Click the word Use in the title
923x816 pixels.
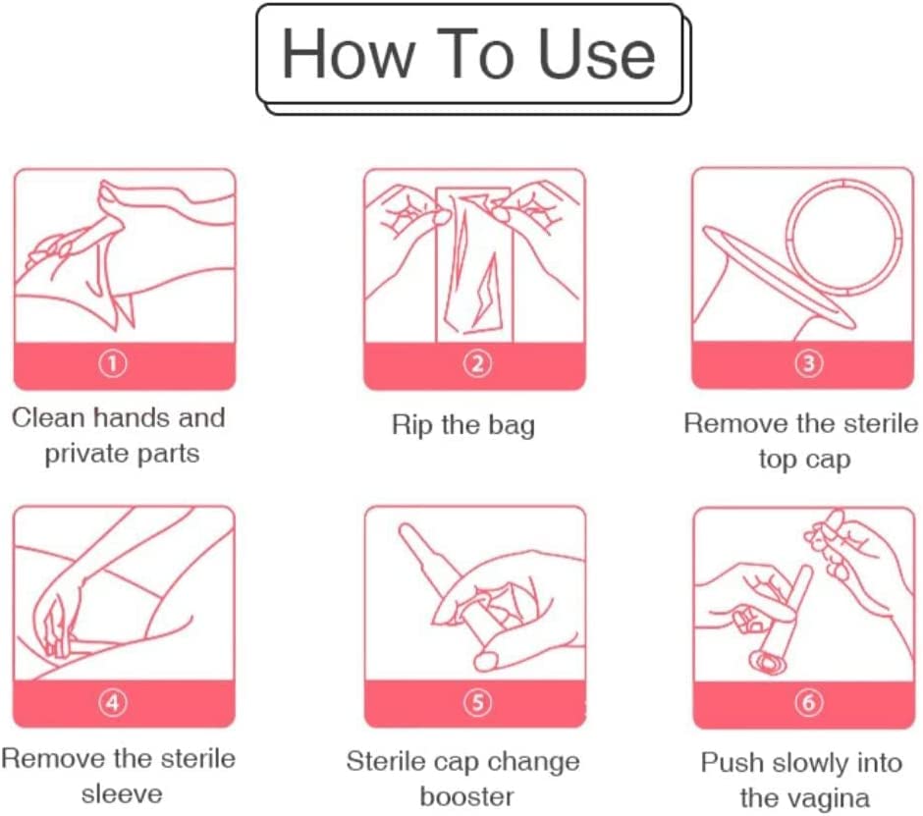(596, 54)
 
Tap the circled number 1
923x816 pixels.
(113, 364)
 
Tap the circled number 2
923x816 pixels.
(477, 364)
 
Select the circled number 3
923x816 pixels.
(808, 363)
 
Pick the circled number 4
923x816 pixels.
(113, 702)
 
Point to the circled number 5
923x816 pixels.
(477, 702)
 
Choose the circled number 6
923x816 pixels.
(808, 702)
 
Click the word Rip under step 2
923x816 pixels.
(413, 425)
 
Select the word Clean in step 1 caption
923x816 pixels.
(49, 418)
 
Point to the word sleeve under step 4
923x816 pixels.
(122, 794)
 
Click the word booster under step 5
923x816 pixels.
(466, 796)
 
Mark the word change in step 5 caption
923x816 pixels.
(533, 762)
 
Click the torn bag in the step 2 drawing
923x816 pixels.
(474, 263)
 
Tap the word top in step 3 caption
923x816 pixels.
(777, 460)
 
